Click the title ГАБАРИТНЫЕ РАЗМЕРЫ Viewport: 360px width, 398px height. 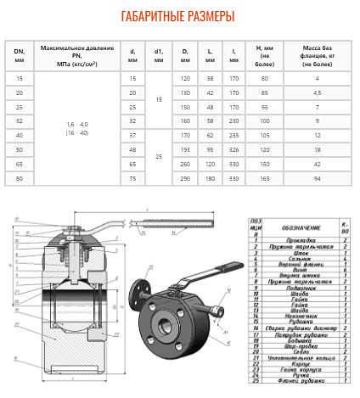(178, 16)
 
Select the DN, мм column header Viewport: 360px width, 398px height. (20, 56)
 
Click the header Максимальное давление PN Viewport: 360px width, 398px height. (77, 56)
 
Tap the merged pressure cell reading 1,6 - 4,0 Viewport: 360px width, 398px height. (77, 128)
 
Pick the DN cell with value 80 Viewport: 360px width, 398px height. (20, 178)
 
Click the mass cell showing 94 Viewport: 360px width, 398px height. (317, 178)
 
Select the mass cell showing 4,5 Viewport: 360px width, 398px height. (317, 92)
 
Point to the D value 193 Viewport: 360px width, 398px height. (185, 149)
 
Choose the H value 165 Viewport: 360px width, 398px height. (263, 178)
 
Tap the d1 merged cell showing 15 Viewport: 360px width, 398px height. (158, 99)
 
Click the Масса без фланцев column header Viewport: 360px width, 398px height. (317, 56)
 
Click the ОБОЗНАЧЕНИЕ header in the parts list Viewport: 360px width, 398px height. (289, 227)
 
